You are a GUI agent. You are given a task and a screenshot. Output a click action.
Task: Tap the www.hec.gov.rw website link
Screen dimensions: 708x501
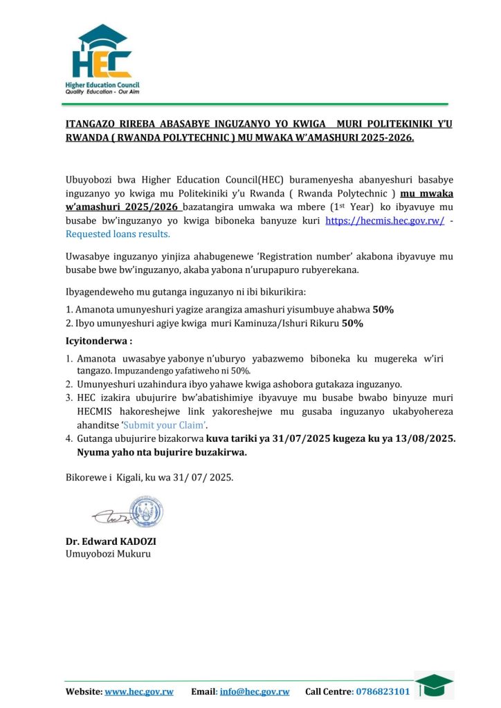tap(138, 691)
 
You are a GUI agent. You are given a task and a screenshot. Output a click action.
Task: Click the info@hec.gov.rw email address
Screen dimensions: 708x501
tap(255, 691)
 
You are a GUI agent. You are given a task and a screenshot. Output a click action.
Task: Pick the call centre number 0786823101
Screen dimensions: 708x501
tap(382, 691)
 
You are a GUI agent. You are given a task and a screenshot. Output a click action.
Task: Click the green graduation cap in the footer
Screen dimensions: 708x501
tap(434, 684)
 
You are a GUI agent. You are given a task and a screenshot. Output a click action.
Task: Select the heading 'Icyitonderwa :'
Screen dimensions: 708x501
tap(99, 341)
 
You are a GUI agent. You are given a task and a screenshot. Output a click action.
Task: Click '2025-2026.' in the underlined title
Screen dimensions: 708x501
tap(387, 138)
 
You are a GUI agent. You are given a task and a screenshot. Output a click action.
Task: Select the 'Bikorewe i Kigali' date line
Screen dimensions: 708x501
tap(149, 477)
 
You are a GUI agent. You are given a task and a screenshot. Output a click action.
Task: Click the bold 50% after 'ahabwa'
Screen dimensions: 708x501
tap(383, 309)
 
